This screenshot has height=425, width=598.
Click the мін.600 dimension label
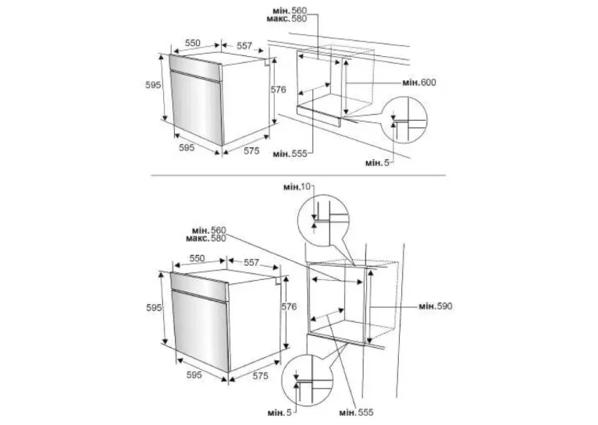point(419,83)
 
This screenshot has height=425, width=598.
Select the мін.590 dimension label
point(436,306)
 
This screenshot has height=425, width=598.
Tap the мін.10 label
point(297,187)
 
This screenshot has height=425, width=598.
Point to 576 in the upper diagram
point(279,90)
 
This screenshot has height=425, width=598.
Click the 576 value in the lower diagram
point(289,306)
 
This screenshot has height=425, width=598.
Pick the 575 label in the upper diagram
point(251,151)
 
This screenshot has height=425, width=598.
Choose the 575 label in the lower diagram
point(261,376)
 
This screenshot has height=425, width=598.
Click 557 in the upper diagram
point(244,46)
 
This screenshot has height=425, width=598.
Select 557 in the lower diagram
point(251,262)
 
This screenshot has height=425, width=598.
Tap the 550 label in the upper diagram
point(193,43)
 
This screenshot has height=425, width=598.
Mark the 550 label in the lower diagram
point(198,258)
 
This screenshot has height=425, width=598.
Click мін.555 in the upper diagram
point(290,154)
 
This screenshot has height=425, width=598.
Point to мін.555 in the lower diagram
point(356,413)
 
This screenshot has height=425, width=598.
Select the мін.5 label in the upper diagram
point(378,163)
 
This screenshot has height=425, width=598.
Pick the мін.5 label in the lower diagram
point(279,413)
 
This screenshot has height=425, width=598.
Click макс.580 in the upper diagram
point(287,19)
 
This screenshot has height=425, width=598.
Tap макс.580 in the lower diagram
point(206,239)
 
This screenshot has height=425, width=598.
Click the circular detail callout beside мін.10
point(323,221)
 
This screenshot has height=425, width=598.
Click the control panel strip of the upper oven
point(195,68)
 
